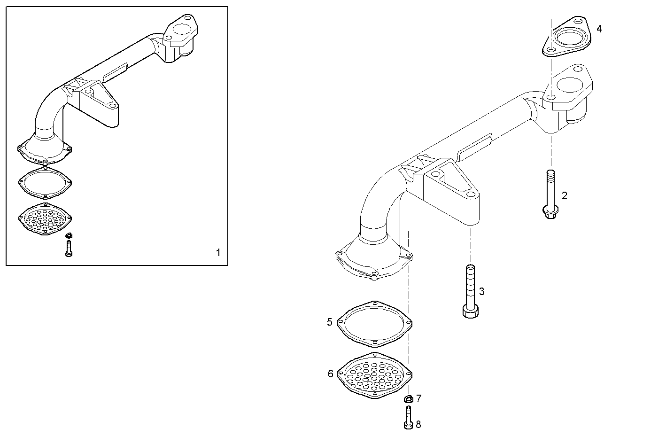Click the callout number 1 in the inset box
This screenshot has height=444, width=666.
[218, 253]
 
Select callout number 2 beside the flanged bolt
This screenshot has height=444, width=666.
[564, 196]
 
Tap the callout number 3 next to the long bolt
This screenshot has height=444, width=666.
[481, 292]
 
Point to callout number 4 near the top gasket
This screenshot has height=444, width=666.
[599, 29]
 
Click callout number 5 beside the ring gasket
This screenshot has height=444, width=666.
[330, 322]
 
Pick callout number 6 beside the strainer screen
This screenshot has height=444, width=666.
[331, 374]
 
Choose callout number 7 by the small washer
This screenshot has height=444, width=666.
[418, 399]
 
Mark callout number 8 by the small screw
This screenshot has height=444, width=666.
[418, 424]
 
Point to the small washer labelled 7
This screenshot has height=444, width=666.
[408, 400]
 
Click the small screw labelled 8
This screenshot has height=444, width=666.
[407, 418]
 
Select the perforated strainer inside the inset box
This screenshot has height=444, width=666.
[45, 218]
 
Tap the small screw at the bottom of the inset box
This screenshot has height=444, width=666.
[69, 248]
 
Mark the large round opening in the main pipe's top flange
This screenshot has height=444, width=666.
[571, 85]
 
